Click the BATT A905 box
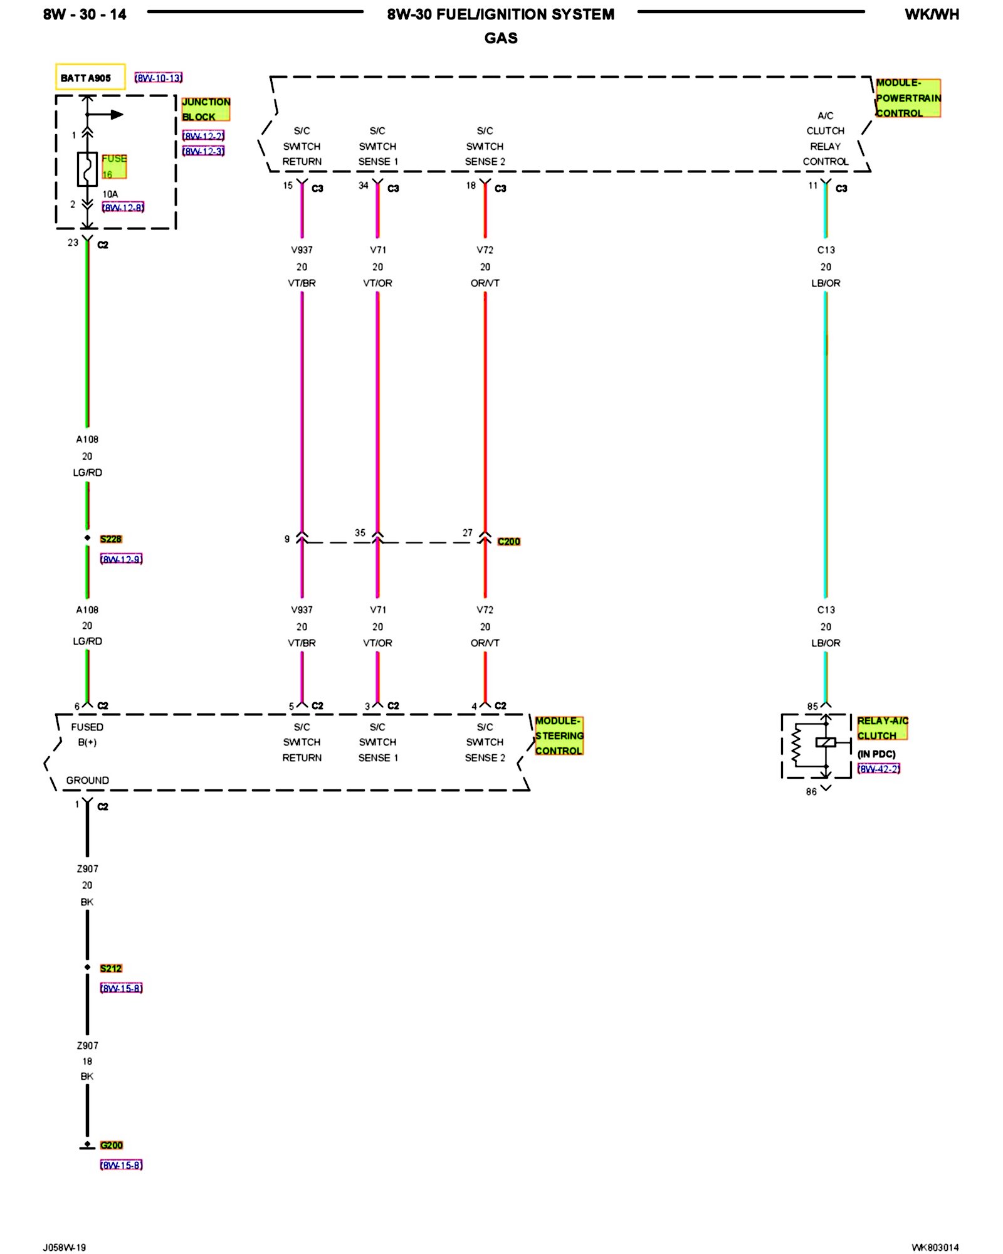click(x=90, y=78)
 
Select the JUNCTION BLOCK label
click(x=206, y=109)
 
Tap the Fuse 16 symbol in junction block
click(x=87, y=169)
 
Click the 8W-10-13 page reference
click(x=159, y=78)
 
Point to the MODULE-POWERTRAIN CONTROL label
click(x=908, y=98)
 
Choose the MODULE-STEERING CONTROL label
click(x=559, y=735)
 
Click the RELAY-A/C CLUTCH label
click(x=882, y=728)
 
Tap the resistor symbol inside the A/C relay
click(x=796, y=746)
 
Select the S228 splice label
click(x=111, y=539)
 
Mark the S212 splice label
click(x=111, y=968)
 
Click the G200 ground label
click(x=112, y=1145)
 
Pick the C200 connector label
click(x=508, y=542)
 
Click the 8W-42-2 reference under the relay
click(x=879, y=769)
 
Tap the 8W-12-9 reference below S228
click(x=122, y=559)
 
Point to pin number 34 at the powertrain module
click(x=364, y=186)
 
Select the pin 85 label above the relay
click(x=812, y=706)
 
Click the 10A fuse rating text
click(x=110, y=194)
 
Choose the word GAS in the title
click(x=501, y=38)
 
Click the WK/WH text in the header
click(x=932, y=14)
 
